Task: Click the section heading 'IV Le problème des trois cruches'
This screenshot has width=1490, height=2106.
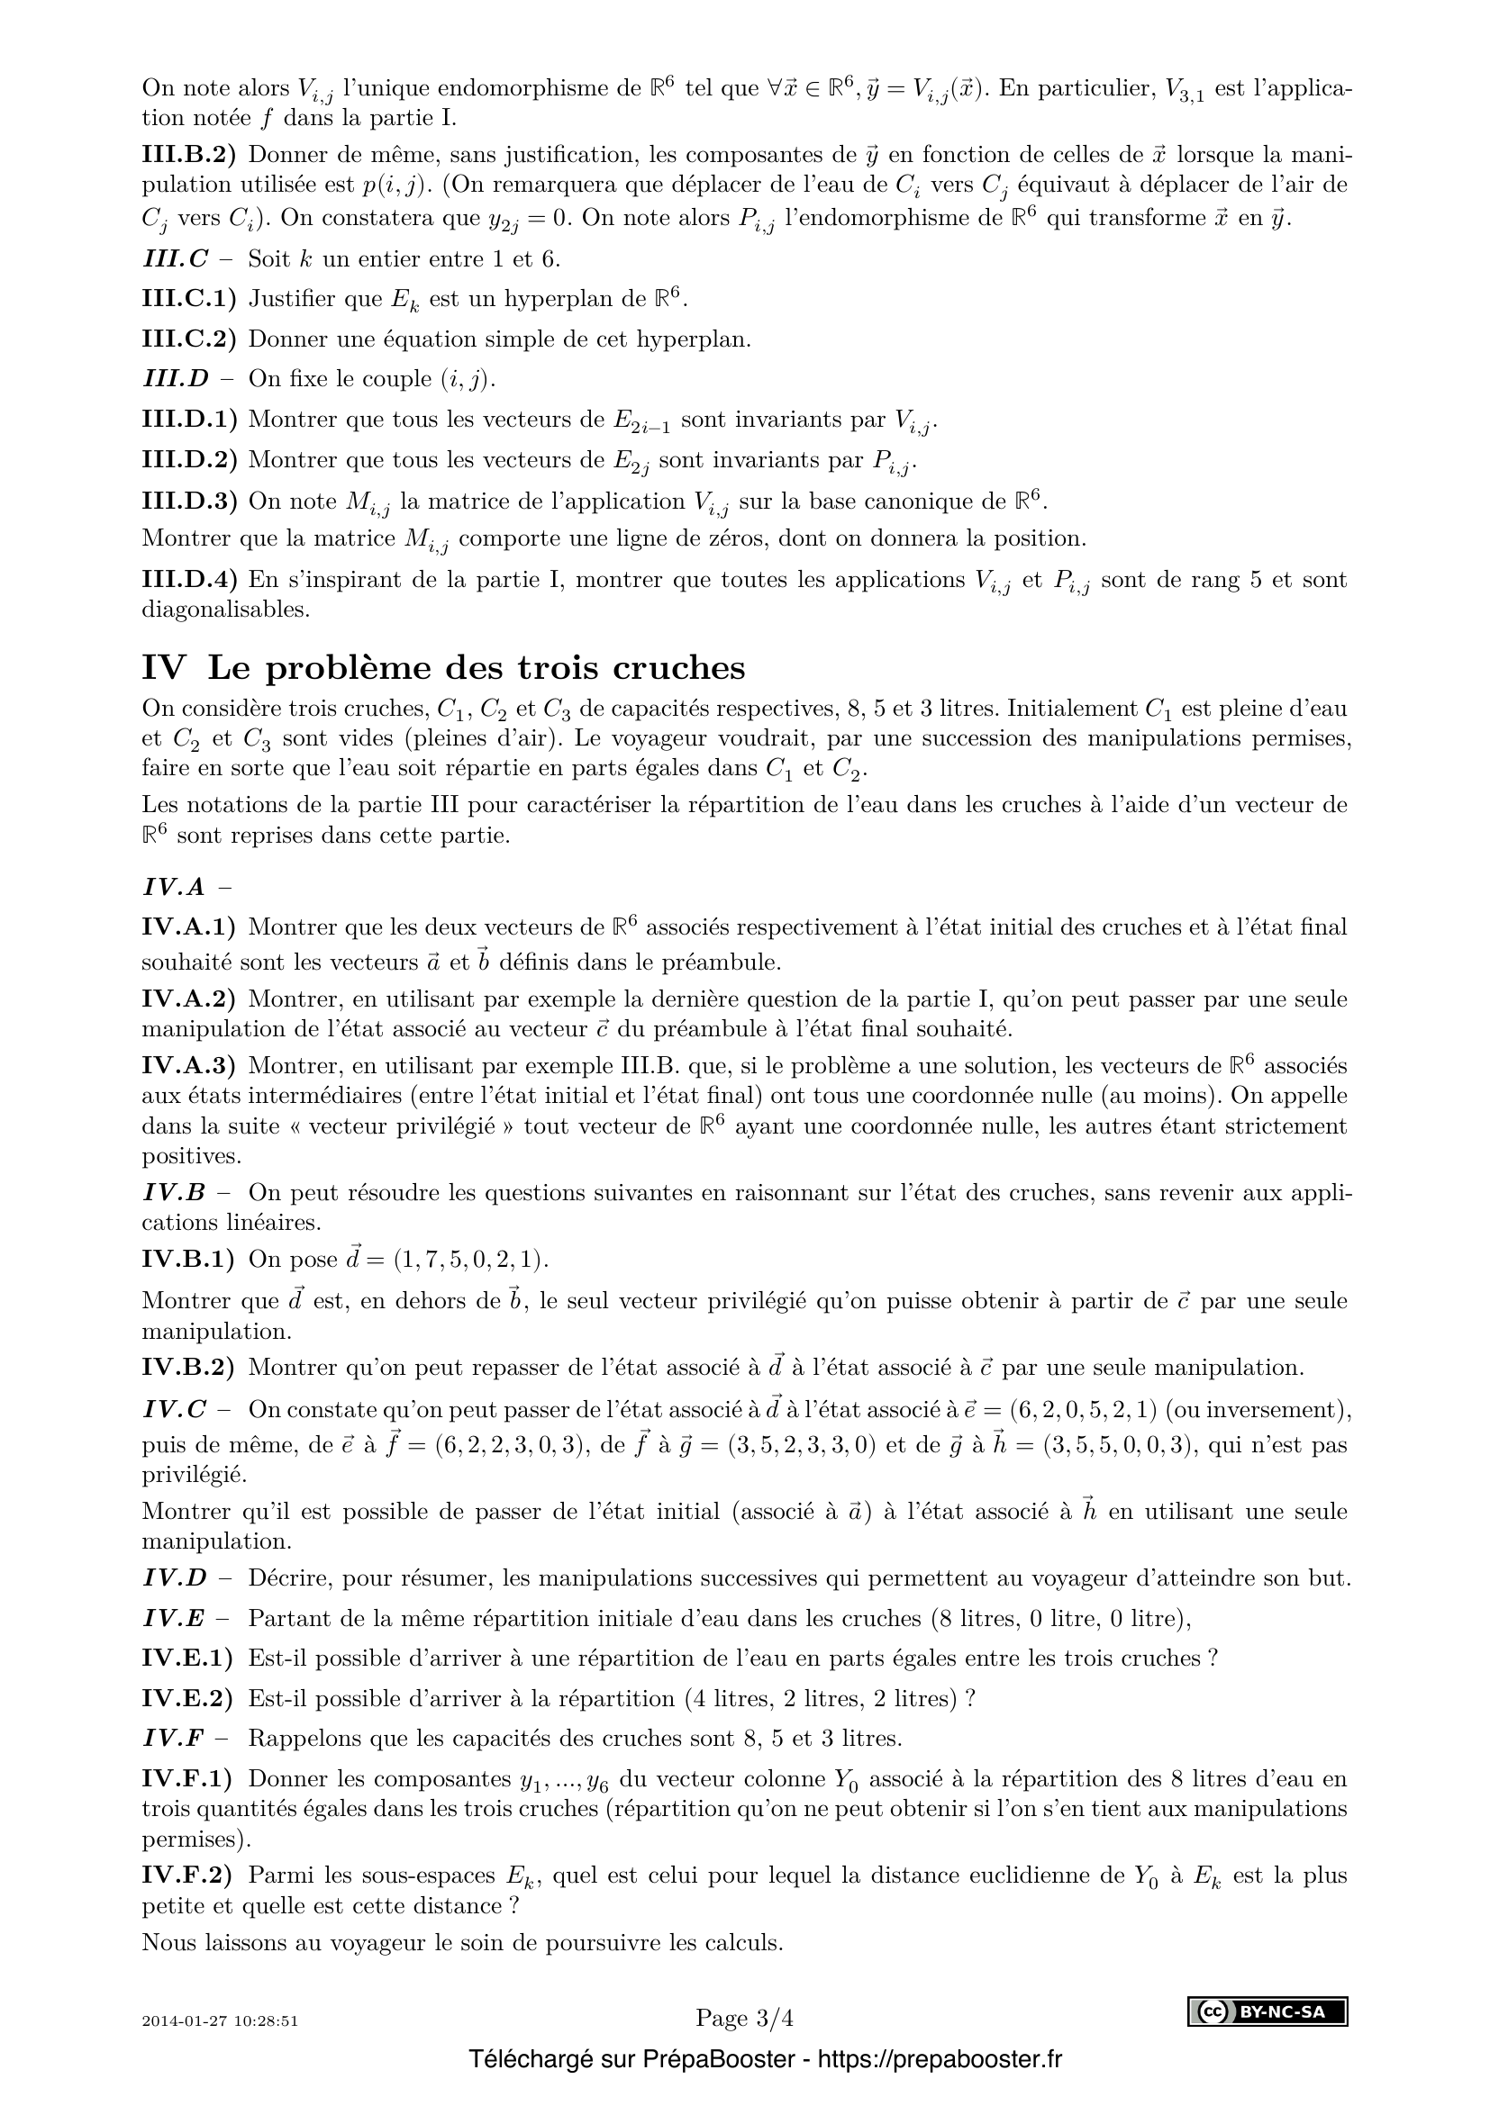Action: click(443, 668)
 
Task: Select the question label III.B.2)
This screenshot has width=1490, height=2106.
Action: click(188, 154)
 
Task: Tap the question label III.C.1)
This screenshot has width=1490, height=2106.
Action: click(188, 298)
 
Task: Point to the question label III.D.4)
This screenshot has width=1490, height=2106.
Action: click(189, 580)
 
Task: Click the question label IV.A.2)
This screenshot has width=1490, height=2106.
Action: click(188, 998)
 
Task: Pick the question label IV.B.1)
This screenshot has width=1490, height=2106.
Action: click(188, 1259)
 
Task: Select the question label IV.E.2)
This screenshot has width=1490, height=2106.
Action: click(188, 1699)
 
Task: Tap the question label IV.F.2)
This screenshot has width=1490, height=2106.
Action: click(188, 1876)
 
